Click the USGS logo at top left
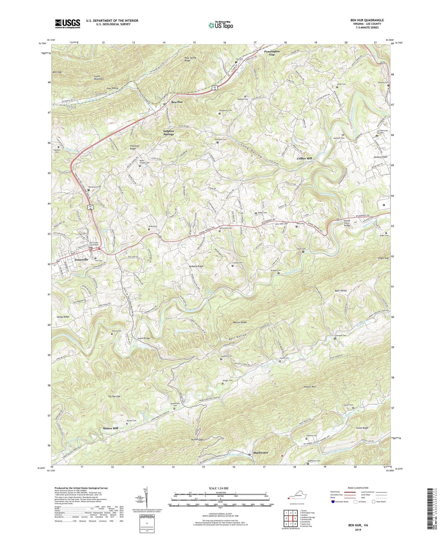click(x=67, y=24)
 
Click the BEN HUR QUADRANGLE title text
click(x=367, y=20)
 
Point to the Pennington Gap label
click(x=272, y=53)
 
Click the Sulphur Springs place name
click(x=168, y=133)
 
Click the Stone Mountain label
click(x=101, y=77)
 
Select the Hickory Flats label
click(x=380, y=157)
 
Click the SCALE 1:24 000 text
click(x=220, y=488)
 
